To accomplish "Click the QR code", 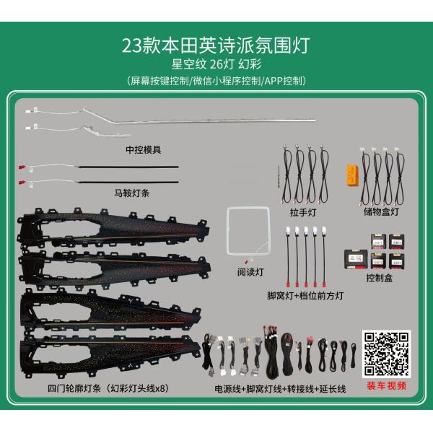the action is click(x=386, y=354).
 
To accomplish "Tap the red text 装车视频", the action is click(x=387, y=386).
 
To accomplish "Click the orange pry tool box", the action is click(x=353, y=175).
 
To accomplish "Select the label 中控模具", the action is click(x=144, y=150).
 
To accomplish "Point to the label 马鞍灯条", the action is click(x=132, y=193).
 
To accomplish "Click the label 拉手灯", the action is click(x=303, y=212).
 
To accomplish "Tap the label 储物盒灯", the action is click(x=381, y=211).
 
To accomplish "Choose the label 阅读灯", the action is click(x=250, y=272).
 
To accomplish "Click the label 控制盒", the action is click(x=380, y=278).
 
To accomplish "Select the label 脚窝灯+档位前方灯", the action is click(x=305, y=296).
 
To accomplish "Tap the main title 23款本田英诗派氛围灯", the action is click(x=216, y=45).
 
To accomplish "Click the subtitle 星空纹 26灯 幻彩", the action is click(x=216, y=64).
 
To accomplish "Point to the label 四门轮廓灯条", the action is click(x=74, y=388).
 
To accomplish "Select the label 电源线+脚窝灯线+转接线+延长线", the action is click(x=280, y=389).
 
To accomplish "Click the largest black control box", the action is click(x=356, y=259).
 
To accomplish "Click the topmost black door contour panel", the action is click(x=113, y=229).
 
